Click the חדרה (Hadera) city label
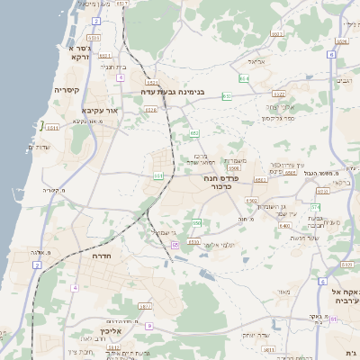100,256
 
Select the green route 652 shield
194,132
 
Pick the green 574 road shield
316,207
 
